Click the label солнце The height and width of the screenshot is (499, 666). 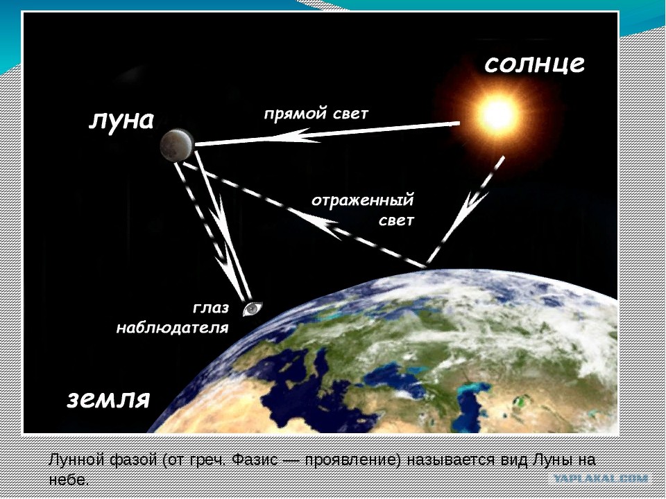pos(534,64)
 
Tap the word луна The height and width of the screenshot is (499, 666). pos(121,121)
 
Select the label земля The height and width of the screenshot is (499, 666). pos(109,399)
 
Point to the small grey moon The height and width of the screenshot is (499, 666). pos(177,145)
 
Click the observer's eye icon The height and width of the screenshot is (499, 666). pos(253,308)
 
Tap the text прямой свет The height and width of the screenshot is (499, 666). pos(316,114)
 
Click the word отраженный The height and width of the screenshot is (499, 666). pos(363,200)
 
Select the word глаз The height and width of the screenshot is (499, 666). pos(211,308)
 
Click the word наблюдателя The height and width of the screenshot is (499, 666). pos(173,328)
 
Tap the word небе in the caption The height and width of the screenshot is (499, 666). pos(69,480)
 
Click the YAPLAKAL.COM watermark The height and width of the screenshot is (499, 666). pos(601,479)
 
